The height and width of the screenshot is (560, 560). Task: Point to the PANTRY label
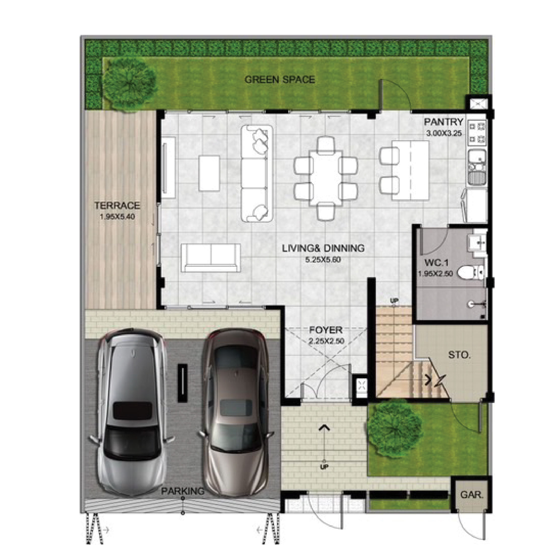pyautogui.click(x=444, y=122)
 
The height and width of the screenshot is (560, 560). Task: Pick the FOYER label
pyautogui.click(x=326, y=330)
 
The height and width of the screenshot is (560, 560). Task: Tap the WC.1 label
pyautogui.click(x=436, y=263)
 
